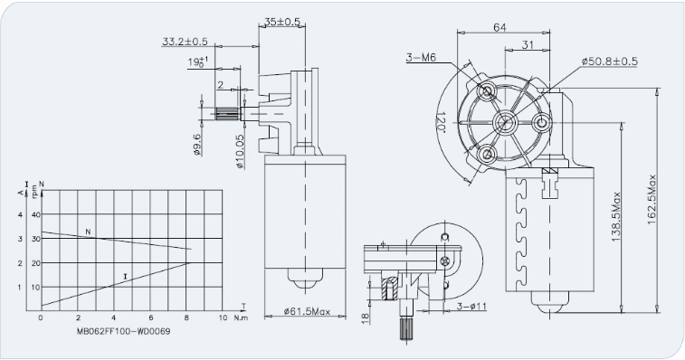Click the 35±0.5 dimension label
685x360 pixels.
(x=282, y=22)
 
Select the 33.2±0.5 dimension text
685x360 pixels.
(x=185, y=42)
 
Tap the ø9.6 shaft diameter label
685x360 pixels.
(x=196, y=144)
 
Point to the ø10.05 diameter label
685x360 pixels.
(x=240, y=152)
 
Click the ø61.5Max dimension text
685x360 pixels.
(x=307, y=311)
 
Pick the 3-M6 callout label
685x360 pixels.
(x=421, y=57)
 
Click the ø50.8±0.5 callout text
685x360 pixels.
(x=610, y=62)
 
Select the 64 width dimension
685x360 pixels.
(x=499, y=27)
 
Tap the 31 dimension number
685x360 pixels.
(x=528, y=44)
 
